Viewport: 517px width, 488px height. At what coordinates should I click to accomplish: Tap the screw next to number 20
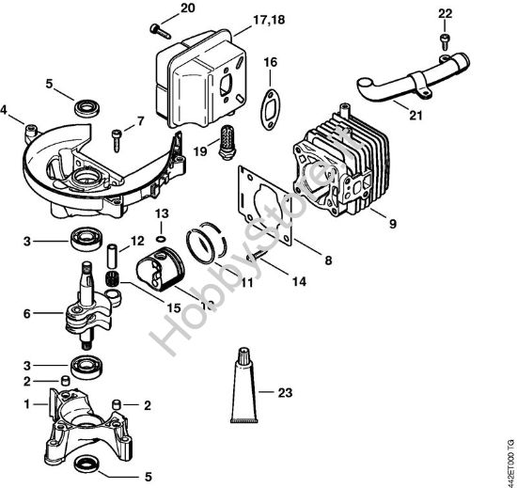click(154, 27)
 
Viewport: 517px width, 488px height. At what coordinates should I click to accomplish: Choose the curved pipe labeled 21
click(396, 90)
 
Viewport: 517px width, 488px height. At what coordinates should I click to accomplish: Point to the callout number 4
click(7, 109)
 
